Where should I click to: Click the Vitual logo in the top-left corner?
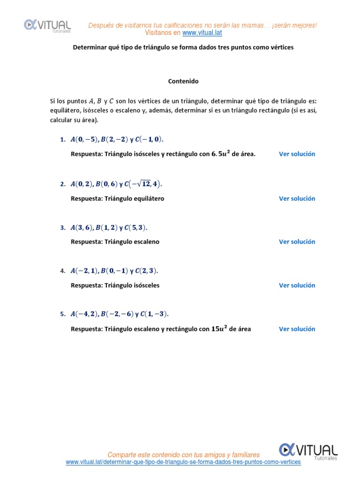(x=47, y=25)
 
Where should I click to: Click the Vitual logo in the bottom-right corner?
(x=308, y=450)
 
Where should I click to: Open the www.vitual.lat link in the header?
(x=202, y=33)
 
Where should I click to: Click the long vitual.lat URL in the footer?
(x=183, y=462)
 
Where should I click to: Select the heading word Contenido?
(x=183, y=81)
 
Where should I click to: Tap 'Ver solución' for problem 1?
(x=297, y=154)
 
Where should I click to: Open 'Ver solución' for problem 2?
(x=297, y=198)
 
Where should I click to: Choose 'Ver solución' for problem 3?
(x=297, y=242)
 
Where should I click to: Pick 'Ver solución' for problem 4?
(x=297, y=285)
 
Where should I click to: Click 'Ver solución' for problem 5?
(x=297, y=329)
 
